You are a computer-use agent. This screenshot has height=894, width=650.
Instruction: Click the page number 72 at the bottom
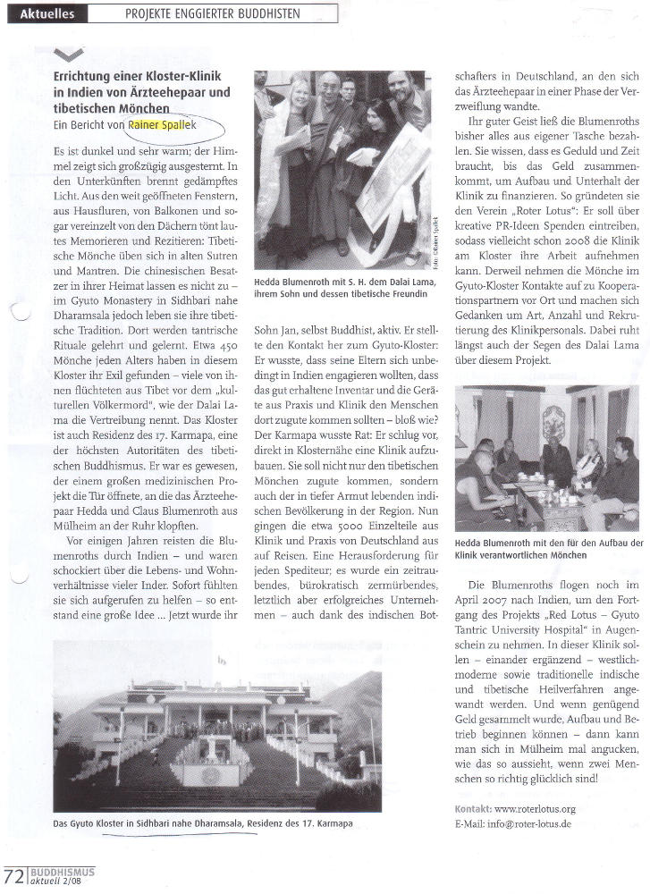point(13,874)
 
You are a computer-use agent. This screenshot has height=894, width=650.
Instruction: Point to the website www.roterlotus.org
point(534,809)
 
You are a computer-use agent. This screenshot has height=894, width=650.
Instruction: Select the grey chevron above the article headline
point(69,55)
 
